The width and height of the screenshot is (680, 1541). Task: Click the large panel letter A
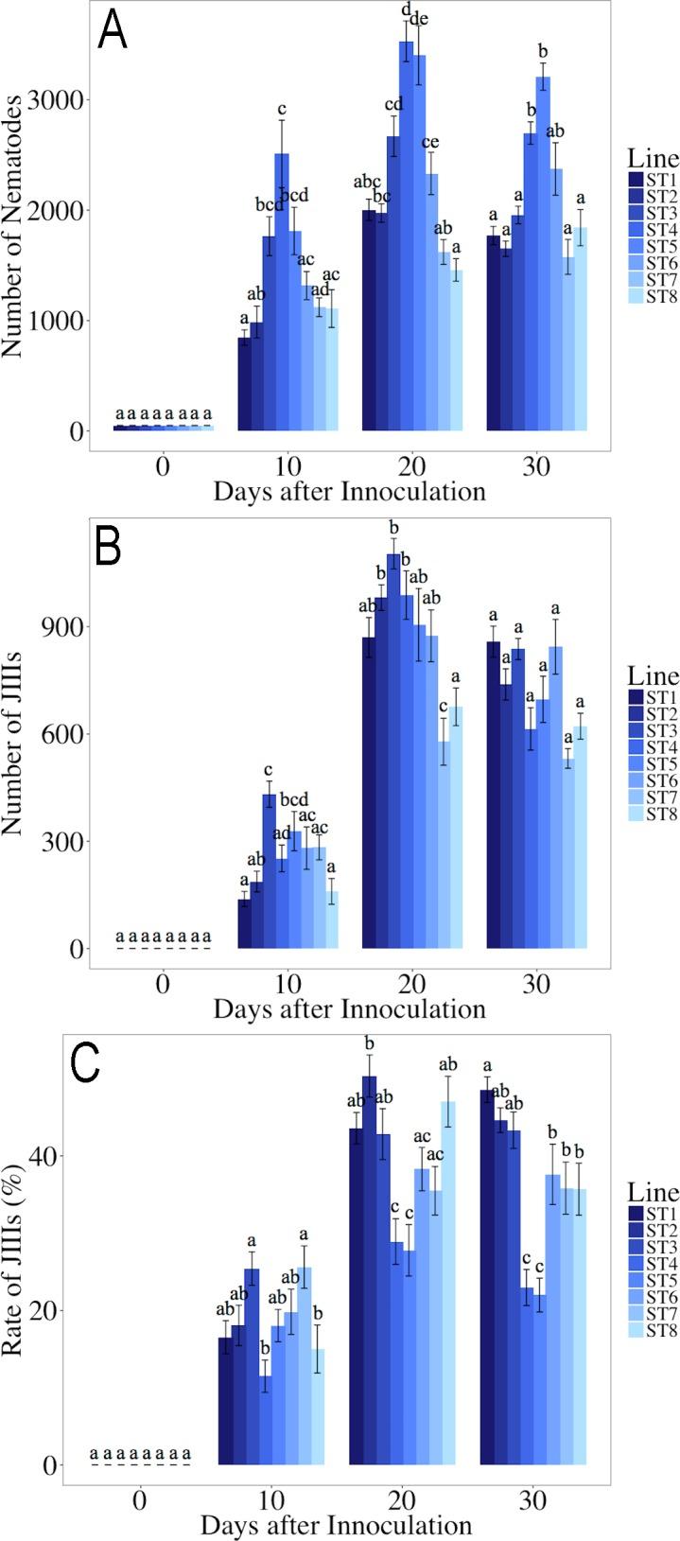[113, 33]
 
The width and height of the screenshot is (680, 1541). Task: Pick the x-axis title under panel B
[349, 1007]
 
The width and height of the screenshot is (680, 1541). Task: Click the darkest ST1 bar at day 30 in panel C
[487, 1277]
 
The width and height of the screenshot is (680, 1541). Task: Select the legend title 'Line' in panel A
[654, 160]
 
